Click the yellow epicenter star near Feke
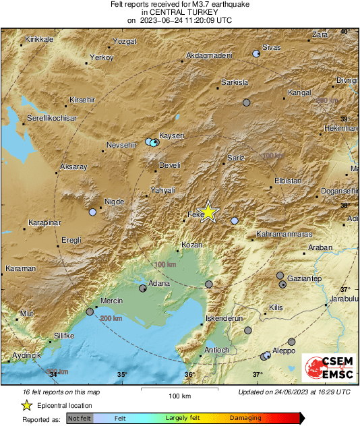(x=209, y=212)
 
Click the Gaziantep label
(x=305, y=278)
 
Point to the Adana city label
(x=158, y=284)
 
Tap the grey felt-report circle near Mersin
(x=90, y=311)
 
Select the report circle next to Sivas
(x=256, y=53)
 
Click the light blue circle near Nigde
(x=93, y=212)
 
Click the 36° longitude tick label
(x=189, y=375)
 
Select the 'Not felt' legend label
(x=81, y=418)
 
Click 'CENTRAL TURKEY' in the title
(x=179, y=12)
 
